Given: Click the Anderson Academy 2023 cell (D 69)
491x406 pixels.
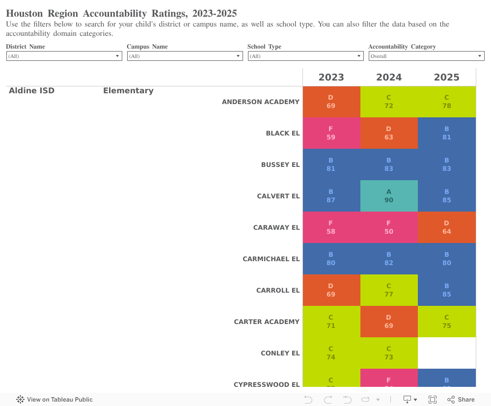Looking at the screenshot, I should (331, 102).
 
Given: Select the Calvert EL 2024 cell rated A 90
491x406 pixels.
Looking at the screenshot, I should (389, 196).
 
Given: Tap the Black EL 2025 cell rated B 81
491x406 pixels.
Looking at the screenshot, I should (446, 133).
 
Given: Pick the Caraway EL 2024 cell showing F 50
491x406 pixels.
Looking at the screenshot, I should (389, 227).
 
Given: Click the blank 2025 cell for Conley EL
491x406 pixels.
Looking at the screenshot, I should (446, 353).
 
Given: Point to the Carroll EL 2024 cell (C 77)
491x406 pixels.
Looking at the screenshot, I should (389, 290).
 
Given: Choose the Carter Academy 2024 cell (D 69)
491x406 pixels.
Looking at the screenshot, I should (389, 322).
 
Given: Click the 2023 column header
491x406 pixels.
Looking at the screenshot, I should (331, 77).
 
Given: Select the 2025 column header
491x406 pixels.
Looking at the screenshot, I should (446, 77).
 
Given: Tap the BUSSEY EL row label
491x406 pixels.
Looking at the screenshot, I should (280, 164).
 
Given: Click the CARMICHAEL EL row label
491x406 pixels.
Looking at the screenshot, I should (271, 259).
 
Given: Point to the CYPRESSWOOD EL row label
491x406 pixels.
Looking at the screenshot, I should (266, 384).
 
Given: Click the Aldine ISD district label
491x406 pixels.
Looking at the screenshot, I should (31, 91).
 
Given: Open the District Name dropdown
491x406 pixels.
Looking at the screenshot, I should (64, 56).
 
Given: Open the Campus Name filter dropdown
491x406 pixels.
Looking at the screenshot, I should (185, 56).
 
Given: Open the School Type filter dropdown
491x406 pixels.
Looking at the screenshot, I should (305, 56).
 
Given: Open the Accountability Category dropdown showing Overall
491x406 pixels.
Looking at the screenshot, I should (426, 56).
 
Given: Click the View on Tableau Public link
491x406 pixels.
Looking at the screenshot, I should (55, 400).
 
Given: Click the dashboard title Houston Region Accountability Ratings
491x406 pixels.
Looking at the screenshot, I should (121, 13).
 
